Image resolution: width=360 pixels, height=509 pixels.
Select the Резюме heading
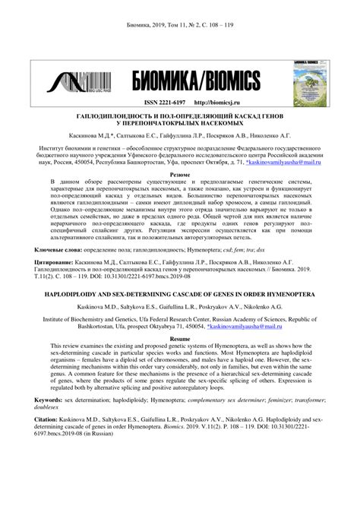coord(180,174)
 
